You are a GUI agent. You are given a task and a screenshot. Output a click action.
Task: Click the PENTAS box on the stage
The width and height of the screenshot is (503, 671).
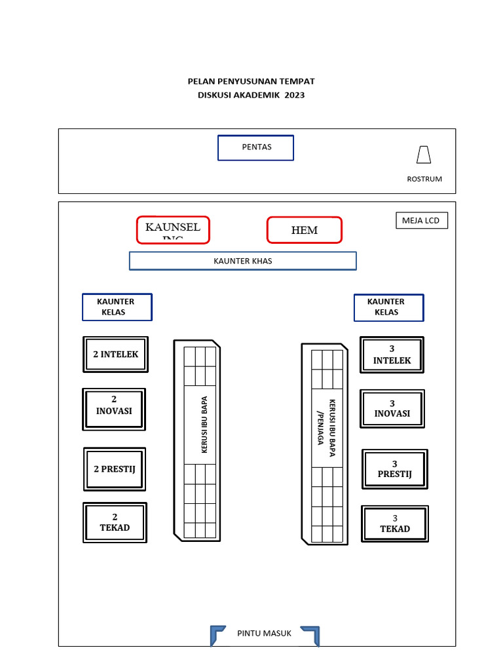click(x=255, y=147)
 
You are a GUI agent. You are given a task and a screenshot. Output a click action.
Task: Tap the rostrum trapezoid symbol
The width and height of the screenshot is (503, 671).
click(x=424, y=155)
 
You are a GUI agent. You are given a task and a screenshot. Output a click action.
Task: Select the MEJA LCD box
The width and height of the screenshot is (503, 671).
click(x=421, y=221)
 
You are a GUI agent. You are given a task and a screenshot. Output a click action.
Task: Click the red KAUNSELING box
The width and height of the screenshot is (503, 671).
click(x=173, y=229)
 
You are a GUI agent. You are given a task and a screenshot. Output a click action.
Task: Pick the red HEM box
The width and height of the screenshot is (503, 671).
click(x=304, y=230)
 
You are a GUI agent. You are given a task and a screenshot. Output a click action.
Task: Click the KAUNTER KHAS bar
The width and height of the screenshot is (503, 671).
click(x=242, y=261)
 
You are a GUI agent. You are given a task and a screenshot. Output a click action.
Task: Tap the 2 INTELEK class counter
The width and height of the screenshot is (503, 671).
click(x=116, y=355)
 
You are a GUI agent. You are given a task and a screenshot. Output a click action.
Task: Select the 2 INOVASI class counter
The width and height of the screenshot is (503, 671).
click(x=114, y=410)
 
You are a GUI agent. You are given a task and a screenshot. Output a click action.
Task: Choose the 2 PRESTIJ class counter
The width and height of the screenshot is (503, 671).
click(x=115, y=469)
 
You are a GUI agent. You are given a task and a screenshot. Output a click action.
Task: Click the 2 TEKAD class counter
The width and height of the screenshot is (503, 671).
click(x=115, y=522)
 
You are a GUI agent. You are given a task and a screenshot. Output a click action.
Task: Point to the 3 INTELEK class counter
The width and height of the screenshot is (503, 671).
click(x=392, y=355)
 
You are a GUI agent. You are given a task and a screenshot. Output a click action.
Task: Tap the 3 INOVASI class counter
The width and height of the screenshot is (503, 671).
click(x=392, y=409)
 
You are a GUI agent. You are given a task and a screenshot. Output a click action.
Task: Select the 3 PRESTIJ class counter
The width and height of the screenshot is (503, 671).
click(x=394, y=469)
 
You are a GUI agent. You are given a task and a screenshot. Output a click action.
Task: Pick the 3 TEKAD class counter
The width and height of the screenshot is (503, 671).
click(x=395, y=524)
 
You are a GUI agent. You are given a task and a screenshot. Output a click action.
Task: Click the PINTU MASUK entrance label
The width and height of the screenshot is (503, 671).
click(x=264, y=633)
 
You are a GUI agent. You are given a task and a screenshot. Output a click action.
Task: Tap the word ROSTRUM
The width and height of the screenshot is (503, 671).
click(x=424, y=179)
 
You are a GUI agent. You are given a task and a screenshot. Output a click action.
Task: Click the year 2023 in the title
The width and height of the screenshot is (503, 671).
click(x=295, y=95)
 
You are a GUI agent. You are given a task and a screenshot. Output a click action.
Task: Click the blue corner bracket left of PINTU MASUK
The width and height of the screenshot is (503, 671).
click(x=217, y=634)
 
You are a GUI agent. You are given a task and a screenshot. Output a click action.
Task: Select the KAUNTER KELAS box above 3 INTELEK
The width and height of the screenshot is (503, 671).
click(x=388, y=307)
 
